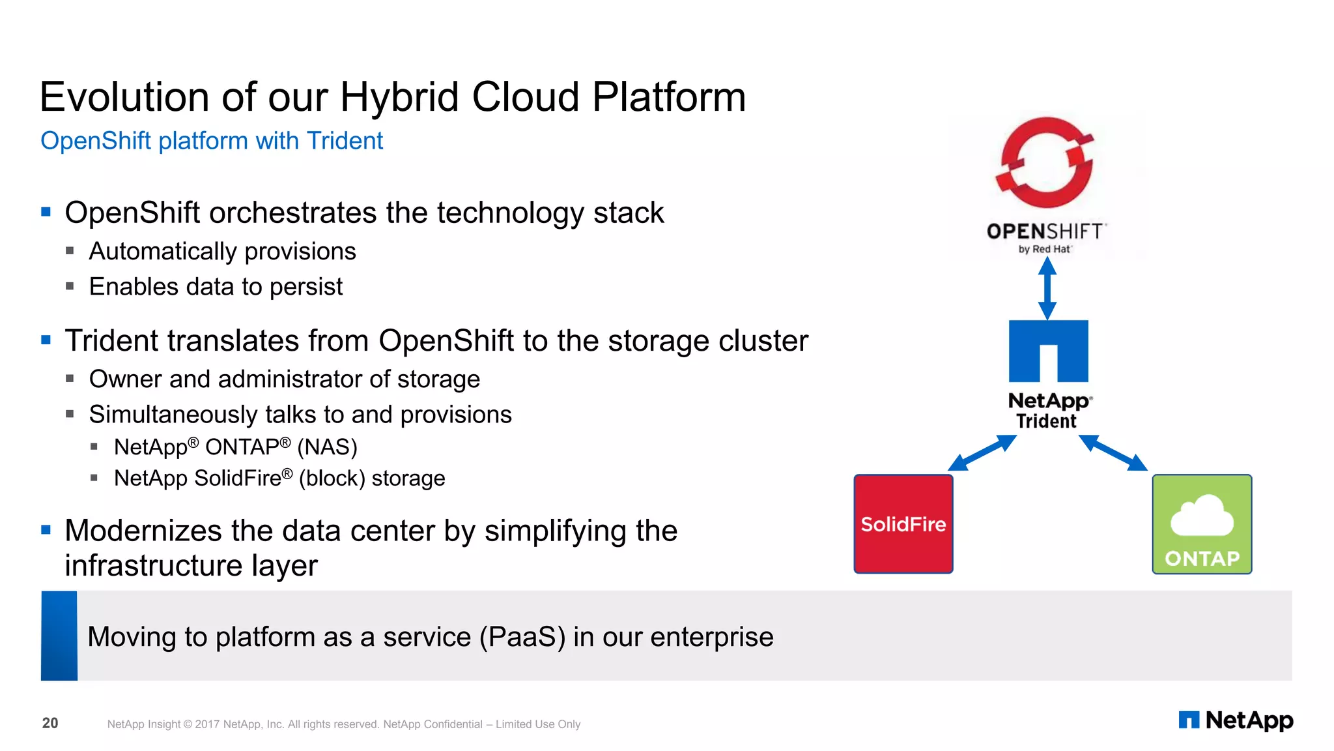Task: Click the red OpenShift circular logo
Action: [x=1045, y=163]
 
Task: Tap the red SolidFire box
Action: [x=903, y=524]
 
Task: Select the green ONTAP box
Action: [x=1202, y=524]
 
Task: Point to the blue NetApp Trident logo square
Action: [x=1048, y=350]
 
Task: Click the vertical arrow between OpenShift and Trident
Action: [x=1047, y=287]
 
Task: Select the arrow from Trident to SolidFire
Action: [x=982, y=453]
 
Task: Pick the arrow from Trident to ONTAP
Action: [x=1113, y=452]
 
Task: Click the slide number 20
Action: [x=50, y=723]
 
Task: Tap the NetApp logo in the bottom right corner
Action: [x=1236, y=720]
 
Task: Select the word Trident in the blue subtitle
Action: [x=345, y=141]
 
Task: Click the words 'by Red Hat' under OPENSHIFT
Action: [x=1044, y=249]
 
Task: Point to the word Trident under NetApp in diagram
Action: [x=1046, y=421]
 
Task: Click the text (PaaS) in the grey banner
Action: [x=522, y=637]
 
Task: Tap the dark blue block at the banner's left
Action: [x=59, y=636]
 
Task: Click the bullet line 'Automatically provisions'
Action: [x=222, y=251]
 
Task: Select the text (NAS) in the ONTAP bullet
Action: [x=327, y=447]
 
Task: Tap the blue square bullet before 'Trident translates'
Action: [x=46, y=340]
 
